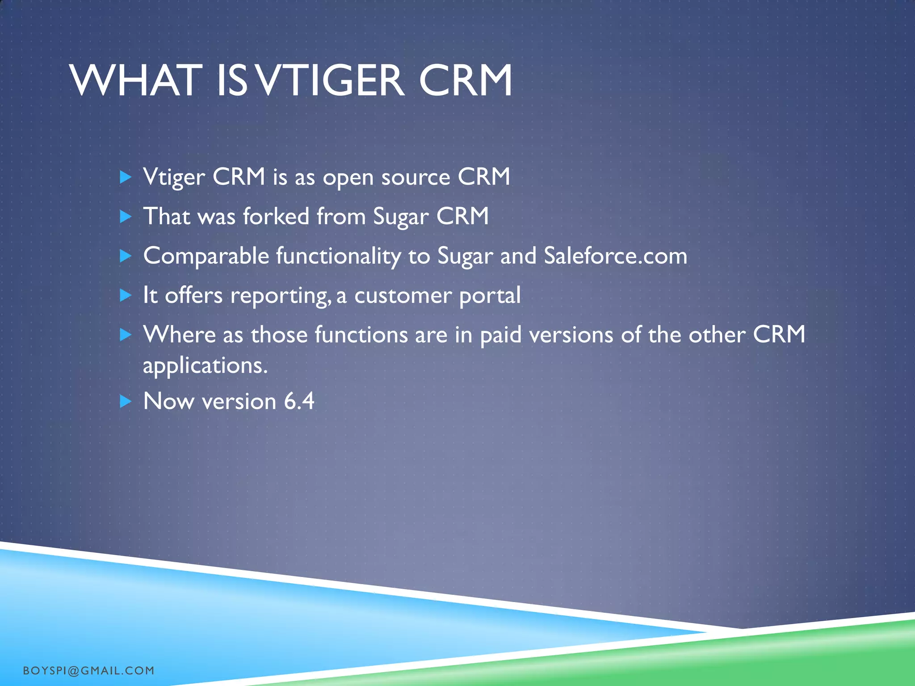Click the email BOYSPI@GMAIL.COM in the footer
(x=88, y=670)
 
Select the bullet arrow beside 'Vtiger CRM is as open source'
(x=126, y=177)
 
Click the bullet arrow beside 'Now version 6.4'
(x=126, y=401)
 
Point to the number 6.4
(x=299, y=401)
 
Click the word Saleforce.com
(x=615, y=256)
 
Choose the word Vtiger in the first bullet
(x=174, y=177)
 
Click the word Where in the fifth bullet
(x=179, y=335)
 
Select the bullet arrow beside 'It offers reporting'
(x=126, y=295)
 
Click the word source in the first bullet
(x=416, y=177)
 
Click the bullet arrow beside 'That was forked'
(x=126, y=217)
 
